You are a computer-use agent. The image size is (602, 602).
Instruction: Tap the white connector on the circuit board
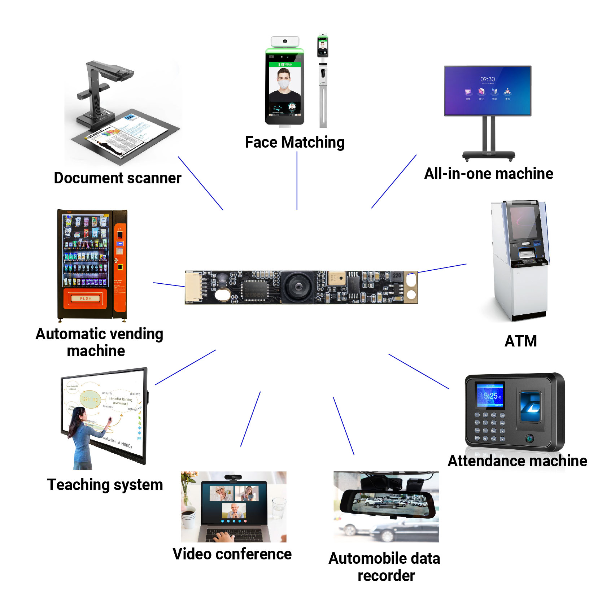pyautogui.click(x=193, y=287)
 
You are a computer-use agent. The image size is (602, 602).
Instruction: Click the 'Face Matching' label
pyautogui.click(x=295, y=142)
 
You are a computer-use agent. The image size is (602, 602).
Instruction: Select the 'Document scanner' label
pyautogui.click(x=118, y=178)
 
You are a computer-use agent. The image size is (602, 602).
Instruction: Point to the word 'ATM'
pyautogui.click(x=520, y=341)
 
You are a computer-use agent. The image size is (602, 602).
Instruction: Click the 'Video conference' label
pyautogui.click(x=232, y=554)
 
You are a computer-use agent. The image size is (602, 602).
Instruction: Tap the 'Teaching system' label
pyautogui.click(x=105, y=485)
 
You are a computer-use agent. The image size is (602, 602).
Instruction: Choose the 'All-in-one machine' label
pyautogui.click(x=488, y=174)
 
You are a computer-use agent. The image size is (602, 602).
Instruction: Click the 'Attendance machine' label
pyautogui.click(x=517, y=461)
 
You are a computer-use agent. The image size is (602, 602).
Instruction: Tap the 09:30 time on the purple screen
pyautogui.click(x=487, y=79)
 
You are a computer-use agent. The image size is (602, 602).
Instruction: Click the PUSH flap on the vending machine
pyautogui.click(x=86, y=298)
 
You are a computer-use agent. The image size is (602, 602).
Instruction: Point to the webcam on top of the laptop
pyautogui.click(x=233, y=477)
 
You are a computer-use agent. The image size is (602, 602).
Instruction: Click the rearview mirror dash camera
pyautogui.click(x=388, y=503)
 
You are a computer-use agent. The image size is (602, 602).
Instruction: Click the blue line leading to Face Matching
pyautogui.click(x=297, y=180)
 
